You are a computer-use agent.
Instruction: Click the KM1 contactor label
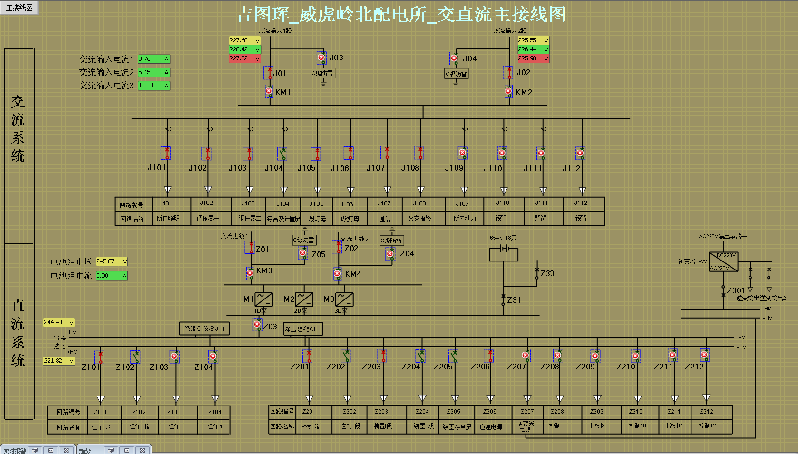click(282, 92)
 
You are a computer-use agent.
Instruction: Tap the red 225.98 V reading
click(533, 58)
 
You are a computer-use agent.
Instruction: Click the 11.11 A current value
click(154, 86)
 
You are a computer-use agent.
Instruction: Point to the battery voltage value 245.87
click(111, 261)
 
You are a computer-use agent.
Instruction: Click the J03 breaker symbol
click(321, 58)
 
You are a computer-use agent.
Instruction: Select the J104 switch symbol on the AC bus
click(282, 154)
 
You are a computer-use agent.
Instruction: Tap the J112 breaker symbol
click(580, 153)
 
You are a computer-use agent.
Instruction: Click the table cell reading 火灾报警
click(419, 218)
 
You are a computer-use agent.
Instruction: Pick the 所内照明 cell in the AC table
click(168, 218)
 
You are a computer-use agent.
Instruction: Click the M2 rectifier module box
click(304, 299)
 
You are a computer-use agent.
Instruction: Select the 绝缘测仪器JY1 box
click(204, 328)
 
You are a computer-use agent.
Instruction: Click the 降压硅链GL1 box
click(303, 329)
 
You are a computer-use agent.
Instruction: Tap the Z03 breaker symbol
click(257, 325)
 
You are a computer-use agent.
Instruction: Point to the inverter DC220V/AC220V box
click(723, 261)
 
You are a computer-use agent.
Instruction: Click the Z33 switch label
click(547, 273)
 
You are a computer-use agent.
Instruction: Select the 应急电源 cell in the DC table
click(491, 427)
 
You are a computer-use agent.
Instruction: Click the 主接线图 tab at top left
click(19, 8)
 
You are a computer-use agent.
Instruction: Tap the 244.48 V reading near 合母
click(58, 322)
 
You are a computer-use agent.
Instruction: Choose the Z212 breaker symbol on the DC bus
click(705, 355)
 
